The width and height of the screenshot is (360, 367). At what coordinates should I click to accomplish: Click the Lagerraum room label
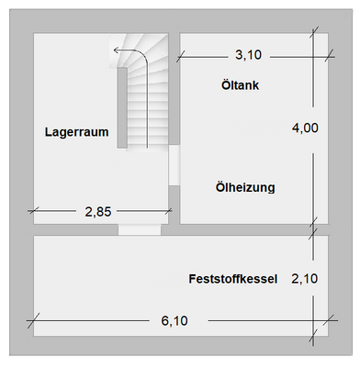pos(77,132)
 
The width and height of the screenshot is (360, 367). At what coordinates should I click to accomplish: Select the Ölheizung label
pos(245,187)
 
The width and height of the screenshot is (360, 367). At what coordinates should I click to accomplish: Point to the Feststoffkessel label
pos(232,278)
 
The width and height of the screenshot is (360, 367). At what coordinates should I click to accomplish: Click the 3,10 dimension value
pos(248,55)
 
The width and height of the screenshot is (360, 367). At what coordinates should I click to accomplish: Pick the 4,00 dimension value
pos(304,128)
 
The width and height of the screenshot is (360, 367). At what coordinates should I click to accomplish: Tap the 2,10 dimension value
pos(304,278)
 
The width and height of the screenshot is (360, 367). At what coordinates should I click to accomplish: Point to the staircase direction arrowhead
pos(116,50)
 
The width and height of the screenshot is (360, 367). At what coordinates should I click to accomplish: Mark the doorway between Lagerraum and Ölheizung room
pos(174,167)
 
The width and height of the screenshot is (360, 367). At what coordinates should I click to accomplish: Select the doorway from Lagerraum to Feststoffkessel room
pos(140,229)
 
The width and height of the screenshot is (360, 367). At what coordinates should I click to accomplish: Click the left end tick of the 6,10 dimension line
pos(34,320)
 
